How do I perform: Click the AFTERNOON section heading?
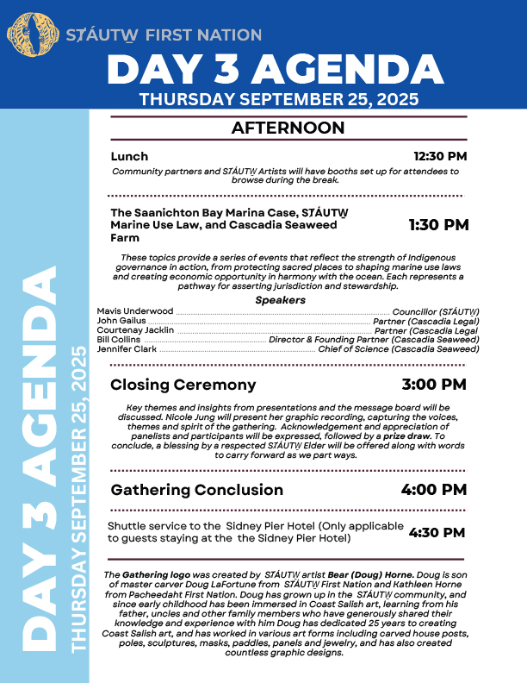click(x=288, y=128)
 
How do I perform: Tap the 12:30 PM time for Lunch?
click(x=440, y=157)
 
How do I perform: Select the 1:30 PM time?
click(x=438, y=224)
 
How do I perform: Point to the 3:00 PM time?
click(x=435, y=384)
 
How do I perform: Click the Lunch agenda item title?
click(x=129, y=157)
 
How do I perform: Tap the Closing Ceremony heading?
click(x=183, y=384)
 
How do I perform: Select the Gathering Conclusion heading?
click(x=196, y=490)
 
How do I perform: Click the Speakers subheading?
click(x=281, y=300)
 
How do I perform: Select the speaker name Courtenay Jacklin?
click(x=135, y=329)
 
